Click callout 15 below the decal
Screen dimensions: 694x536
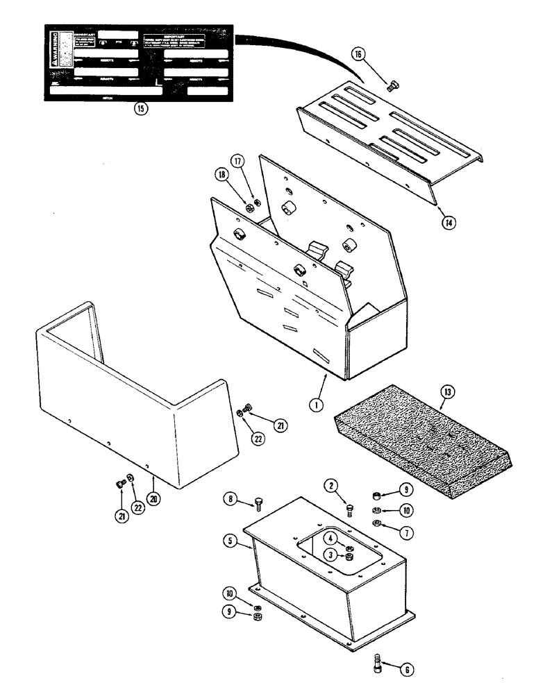point(142,109)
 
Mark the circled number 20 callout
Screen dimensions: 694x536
point(154,478)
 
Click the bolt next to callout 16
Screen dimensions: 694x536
point(390,87)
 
